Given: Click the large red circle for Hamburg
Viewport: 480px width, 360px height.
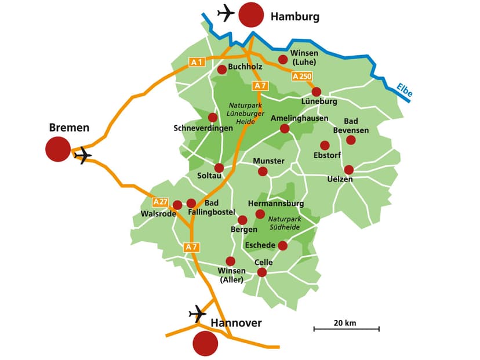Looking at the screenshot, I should click(251, 15).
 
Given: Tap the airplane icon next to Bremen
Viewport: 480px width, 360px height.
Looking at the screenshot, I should click(83, 155).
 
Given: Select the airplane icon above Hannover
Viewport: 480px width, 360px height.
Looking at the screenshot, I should click(198, 314).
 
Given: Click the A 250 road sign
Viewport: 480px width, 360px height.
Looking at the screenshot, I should click(303, 76).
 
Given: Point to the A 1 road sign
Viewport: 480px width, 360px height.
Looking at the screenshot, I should click(197, 62).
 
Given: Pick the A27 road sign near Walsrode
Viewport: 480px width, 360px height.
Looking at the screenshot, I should click(161, 202).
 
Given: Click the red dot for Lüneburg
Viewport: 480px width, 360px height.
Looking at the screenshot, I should click(316, 92).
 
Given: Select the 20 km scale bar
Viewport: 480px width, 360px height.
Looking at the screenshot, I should click(346, 329).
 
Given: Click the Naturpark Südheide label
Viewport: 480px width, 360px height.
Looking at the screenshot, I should click(283, 223).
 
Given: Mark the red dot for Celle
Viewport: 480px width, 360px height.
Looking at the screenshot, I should click(261, 272).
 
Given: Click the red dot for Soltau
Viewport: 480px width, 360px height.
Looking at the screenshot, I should click(219, 168).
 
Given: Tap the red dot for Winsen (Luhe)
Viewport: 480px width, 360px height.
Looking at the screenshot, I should click(283, 59).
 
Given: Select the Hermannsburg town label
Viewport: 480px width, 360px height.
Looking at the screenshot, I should click(276, 203).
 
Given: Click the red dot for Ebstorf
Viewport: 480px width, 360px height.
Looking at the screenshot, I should click(325, 145).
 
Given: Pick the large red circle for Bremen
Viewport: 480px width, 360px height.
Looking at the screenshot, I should click(58, 149).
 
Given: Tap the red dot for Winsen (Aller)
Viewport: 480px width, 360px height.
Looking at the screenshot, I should click(230, 261).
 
